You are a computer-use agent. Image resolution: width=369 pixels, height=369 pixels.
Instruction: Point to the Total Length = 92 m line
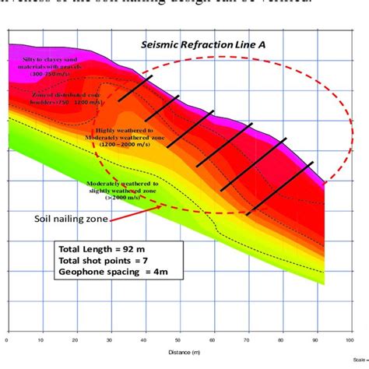[97, 248]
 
